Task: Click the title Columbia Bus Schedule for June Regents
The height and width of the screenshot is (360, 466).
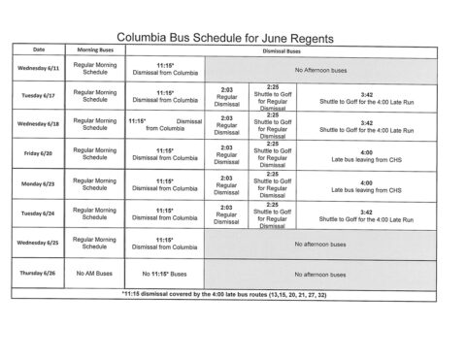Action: (x=239, y=31)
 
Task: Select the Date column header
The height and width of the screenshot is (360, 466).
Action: (x=38, y=48)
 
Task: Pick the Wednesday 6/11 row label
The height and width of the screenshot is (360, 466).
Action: (x=38, y=67)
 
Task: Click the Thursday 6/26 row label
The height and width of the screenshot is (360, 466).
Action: (x=38, y=274)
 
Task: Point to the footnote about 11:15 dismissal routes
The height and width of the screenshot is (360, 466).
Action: (x=232, y=293)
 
